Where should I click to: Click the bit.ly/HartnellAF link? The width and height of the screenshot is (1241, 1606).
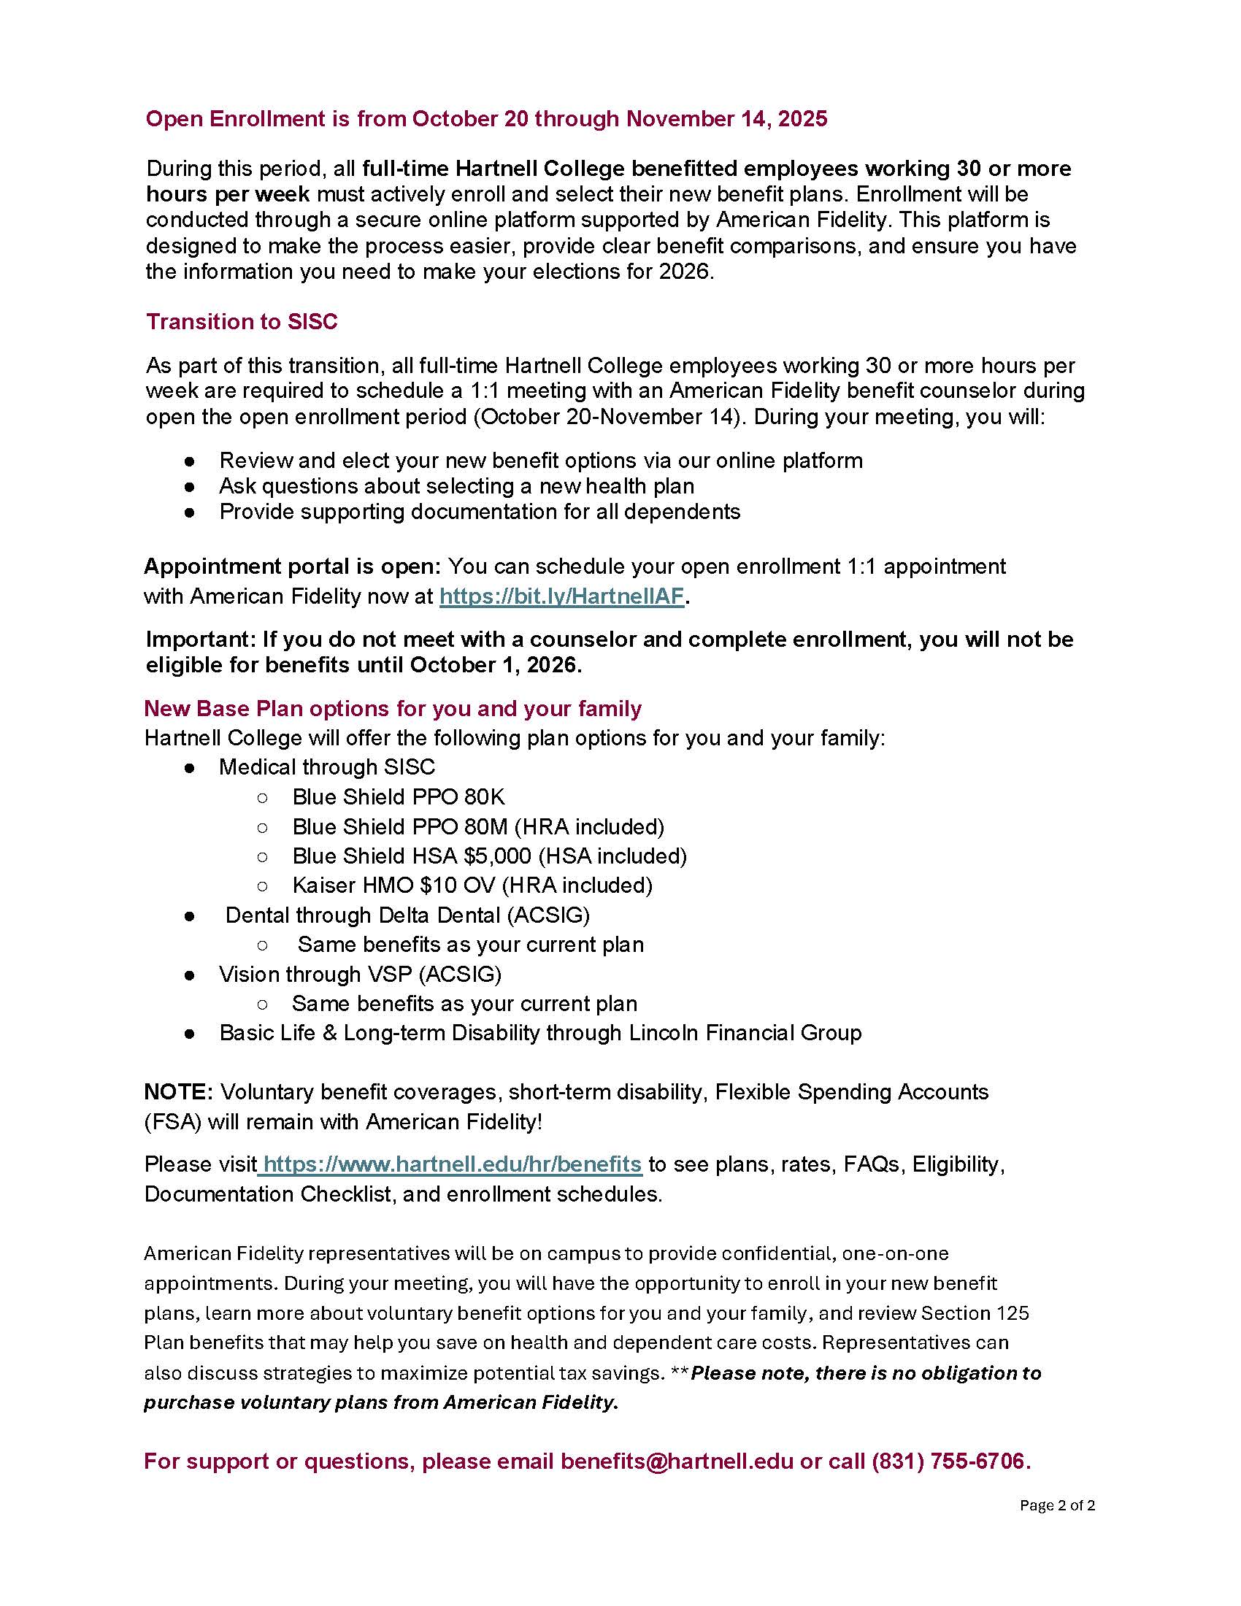[561, 596]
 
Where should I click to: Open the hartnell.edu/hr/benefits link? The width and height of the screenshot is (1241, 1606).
[452, 1164]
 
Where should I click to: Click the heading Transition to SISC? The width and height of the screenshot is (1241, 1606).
[241, 321]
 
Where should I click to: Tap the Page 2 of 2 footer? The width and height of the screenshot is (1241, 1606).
[1056, 1505]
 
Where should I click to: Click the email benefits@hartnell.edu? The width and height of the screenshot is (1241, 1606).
[677, 1461]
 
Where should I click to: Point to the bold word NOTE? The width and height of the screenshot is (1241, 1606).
[178, 1092]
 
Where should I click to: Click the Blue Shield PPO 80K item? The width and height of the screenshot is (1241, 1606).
[399, 797]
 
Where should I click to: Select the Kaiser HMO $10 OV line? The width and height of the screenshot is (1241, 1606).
[472, 885]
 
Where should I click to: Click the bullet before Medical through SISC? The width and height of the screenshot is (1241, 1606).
[190, 768]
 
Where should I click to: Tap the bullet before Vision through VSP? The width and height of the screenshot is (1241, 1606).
[190, 975]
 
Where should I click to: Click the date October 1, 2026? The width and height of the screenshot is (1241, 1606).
[495, 665]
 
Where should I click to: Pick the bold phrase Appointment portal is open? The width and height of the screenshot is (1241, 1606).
[292, 566]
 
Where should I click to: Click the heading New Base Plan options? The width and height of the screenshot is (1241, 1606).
[393, 708]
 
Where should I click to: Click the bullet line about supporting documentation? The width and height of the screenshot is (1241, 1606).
[480, 512]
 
